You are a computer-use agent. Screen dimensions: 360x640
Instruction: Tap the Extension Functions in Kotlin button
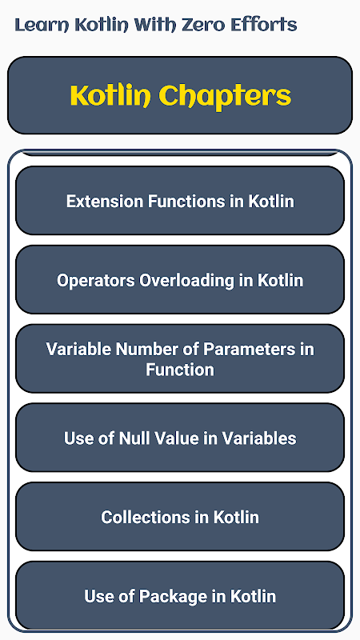(x=180, y=201)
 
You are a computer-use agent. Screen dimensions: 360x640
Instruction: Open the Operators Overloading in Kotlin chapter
(x=180, y=279)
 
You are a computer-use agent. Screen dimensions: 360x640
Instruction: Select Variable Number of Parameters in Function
(x=180, y=358)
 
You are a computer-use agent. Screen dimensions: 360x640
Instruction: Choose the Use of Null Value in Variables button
(x=180, y=438)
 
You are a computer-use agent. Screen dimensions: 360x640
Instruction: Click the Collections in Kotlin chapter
(x=180, y=517)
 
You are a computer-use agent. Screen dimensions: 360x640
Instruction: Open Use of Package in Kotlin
(x=180, y=595)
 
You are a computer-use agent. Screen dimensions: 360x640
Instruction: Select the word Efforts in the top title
(x=264, y=26)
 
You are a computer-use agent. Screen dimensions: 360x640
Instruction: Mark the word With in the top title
(x=157, y=26)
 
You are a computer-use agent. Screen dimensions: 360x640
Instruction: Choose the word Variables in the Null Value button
(x=258, y=438)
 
